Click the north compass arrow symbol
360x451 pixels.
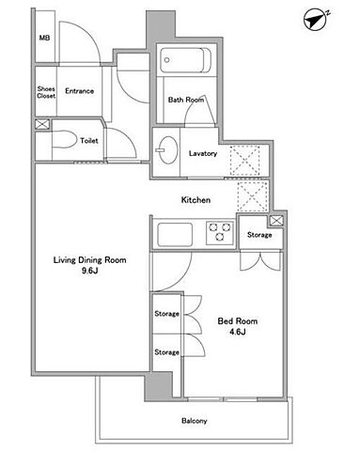click(x=316, y=20)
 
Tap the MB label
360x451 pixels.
click(x=44, y=38)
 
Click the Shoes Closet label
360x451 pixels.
click(x=46, y=92)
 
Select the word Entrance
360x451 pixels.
click(x=79, y=91)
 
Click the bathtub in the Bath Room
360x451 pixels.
click(x=185, y=60)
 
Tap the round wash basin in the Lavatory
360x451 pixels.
click(x=167, y=150)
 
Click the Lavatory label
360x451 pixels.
click(x=203, y=153)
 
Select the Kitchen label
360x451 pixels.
click(x=196, y=200)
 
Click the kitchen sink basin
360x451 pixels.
click(x=175, y=234)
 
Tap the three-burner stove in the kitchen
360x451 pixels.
click(x=220, y=233)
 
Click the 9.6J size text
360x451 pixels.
click(x=90, y=271)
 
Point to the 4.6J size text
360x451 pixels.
click(x=237, y=332)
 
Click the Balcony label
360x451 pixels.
click(x=195, y=421)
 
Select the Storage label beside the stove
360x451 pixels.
click(x=259, y=235)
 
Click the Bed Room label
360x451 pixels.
click(x=238, y=321)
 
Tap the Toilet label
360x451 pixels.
click(x=89, y=141)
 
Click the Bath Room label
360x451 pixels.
click(x=186, y=100)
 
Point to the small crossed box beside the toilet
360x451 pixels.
click(x=42, y=124)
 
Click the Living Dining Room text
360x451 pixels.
click(x=90, y=260)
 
